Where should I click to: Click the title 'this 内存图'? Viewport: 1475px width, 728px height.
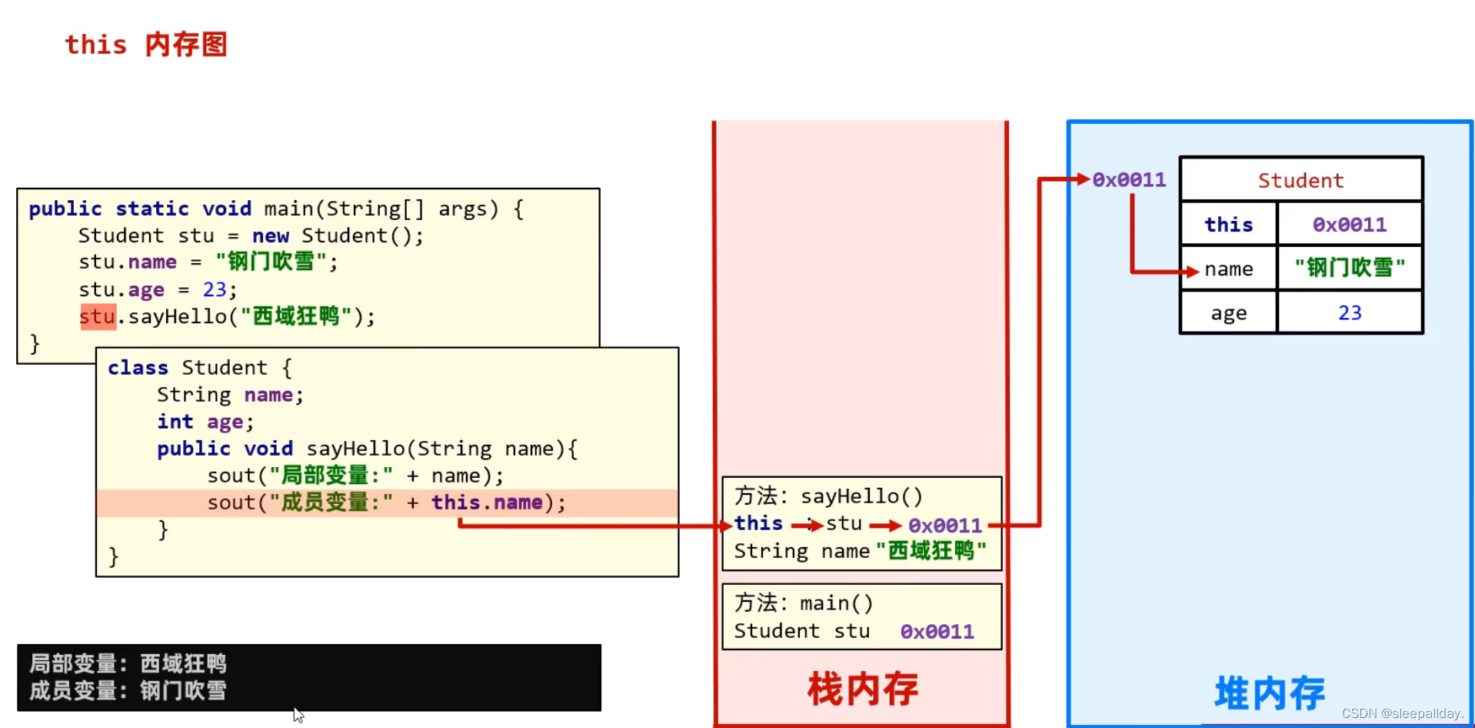pyautogui.click(x=145, y=45)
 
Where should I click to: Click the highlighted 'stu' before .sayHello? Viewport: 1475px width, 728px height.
pyautogui.click(x=98, y=316)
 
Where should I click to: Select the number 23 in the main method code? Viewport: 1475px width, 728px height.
pyautogui.click(x=215, y=289)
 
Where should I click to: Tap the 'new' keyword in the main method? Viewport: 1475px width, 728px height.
pyautogui.click(x=271, y=235)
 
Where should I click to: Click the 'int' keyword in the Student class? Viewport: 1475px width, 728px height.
pyautogui.click(x=175, y=422)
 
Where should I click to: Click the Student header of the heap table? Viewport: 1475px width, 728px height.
pyautogui.click(x=1300, y=180)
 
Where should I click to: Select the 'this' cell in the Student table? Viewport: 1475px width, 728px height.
pyautogui.click(x=1228, y=225)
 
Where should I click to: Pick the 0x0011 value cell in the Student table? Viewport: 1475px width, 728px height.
pyautogui.click(x=1350, y=225)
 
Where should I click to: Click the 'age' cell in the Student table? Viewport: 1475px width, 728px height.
pyautogui.click(x=1228, y=313)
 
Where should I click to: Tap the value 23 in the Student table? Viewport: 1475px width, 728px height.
pyautogui.click(x=1350, y=312)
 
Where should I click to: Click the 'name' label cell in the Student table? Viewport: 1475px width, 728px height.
pyautogui.click(x=1229, y=269)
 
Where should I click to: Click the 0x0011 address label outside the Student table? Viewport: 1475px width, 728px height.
pyautogui.click(x=1129, y=180)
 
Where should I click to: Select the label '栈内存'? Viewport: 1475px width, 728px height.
pyautogui.click(x=862, y=689)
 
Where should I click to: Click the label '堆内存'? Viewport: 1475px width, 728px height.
pyautogui.click(x=1270, y=693)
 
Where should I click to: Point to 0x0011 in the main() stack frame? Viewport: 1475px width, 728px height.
pyautogui.click(x=937, y=632)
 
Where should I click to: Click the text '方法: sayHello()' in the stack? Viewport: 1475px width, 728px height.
pyautogui.click(x=828, y=496)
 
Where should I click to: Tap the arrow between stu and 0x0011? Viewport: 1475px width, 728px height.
pyautogui.click(x=885, y=526)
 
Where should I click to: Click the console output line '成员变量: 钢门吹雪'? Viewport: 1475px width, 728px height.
pyautogui.click(x=128, y=691)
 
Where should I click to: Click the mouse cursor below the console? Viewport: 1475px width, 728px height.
pyautogui.click(x=298, y=715)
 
